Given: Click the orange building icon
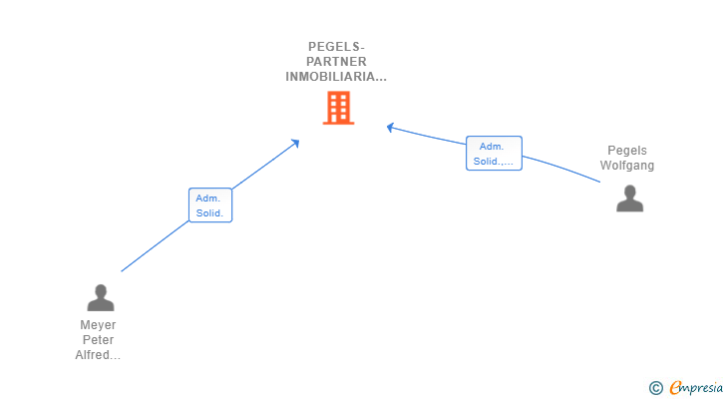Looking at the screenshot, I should (x=338, y=108).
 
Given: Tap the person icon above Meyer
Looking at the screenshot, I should (x=101, y=297).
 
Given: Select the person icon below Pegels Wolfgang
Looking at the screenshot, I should (x=629, y=199).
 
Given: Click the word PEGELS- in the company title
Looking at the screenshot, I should (x=337, y=46).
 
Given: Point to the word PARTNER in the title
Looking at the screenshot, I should (x=337, y=61).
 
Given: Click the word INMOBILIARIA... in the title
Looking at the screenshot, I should (x=337, y=76).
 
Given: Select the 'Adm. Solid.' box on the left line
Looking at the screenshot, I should (x=210, y=205).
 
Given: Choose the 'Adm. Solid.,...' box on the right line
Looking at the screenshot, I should (x=494, y=154).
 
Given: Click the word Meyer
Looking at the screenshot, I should (x=98, y=325).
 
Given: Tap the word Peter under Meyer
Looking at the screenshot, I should (x=98, y=340).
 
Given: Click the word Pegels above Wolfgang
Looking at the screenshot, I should (x=627, y=151).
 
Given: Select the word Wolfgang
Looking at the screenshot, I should (x=627, y=166).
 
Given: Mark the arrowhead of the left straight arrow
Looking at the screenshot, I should (x=295, y=143).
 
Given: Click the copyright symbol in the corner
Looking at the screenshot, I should (x=655, y=388).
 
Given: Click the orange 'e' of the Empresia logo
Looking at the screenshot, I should (x=675, y=388).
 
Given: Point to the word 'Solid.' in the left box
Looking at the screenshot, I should (x=209, y=213).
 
